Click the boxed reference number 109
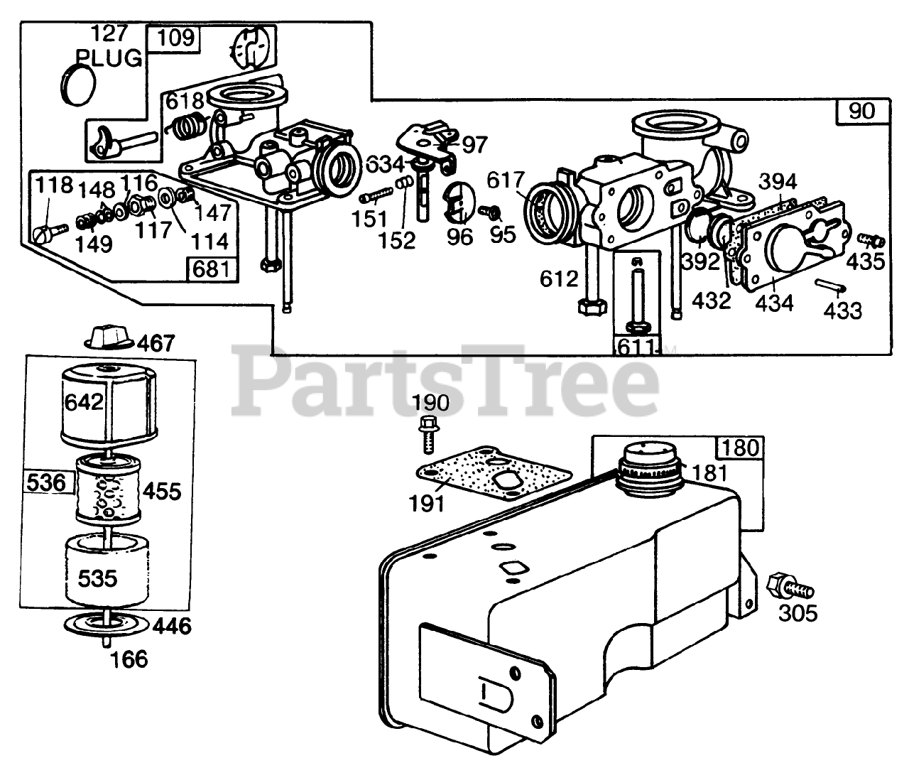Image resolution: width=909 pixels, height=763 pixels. (175, 38)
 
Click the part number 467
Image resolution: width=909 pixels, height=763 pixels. (156, 344)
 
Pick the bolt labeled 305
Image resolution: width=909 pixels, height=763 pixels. (788, 585)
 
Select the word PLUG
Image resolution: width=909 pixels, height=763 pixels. (109, 58)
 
